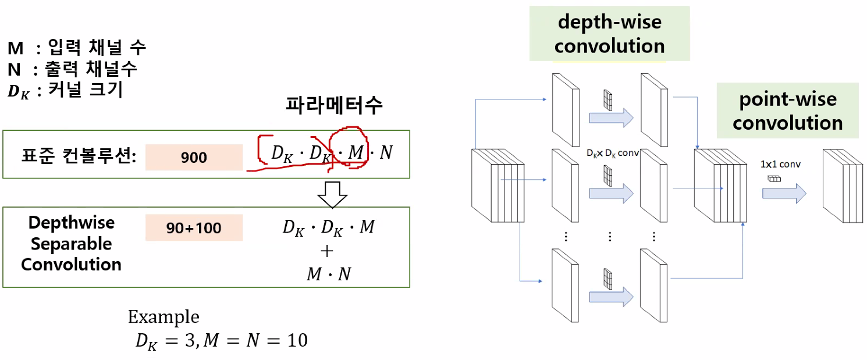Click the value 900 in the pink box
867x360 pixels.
tap(194, 158)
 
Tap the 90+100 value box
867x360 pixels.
tap(194, 228)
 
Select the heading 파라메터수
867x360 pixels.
tap(334, 105)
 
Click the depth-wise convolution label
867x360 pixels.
tap(610, 34)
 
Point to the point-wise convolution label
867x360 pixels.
tap(788, 111)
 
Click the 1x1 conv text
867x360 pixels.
tap(780, 165)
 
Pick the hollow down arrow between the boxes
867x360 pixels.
tap(332, 194)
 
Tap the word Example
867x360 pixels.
tap(164, 317)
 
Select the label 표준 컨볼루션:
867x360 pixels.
tap(79, 156)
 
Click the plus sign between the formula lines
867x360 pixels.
tap(327, 251)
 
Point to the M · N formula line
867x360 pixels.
tap(329, 274)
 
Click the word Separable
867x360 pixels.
tap(71, 244)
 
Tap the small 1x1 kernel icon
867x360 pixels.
tap(774, 179)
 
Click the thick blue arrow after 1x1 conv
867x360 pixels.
tap(784, 193)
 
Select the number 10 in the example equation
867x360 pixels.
tap(298, 340)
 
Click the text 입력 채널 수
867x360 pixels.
tap(97, 48)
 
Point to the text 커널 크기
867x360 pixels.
tap(86, 90)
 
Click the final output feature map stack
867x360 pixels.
tap(843, 186)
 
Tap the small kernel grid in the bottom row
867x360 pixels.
tap(608, 279)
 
